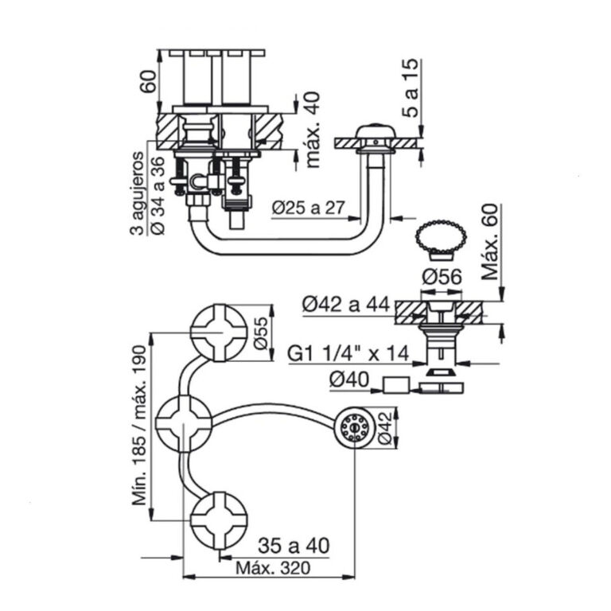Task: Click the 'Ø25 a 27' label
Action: click(307, 208)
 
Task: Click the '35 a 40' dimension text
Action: click(294, 546)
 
